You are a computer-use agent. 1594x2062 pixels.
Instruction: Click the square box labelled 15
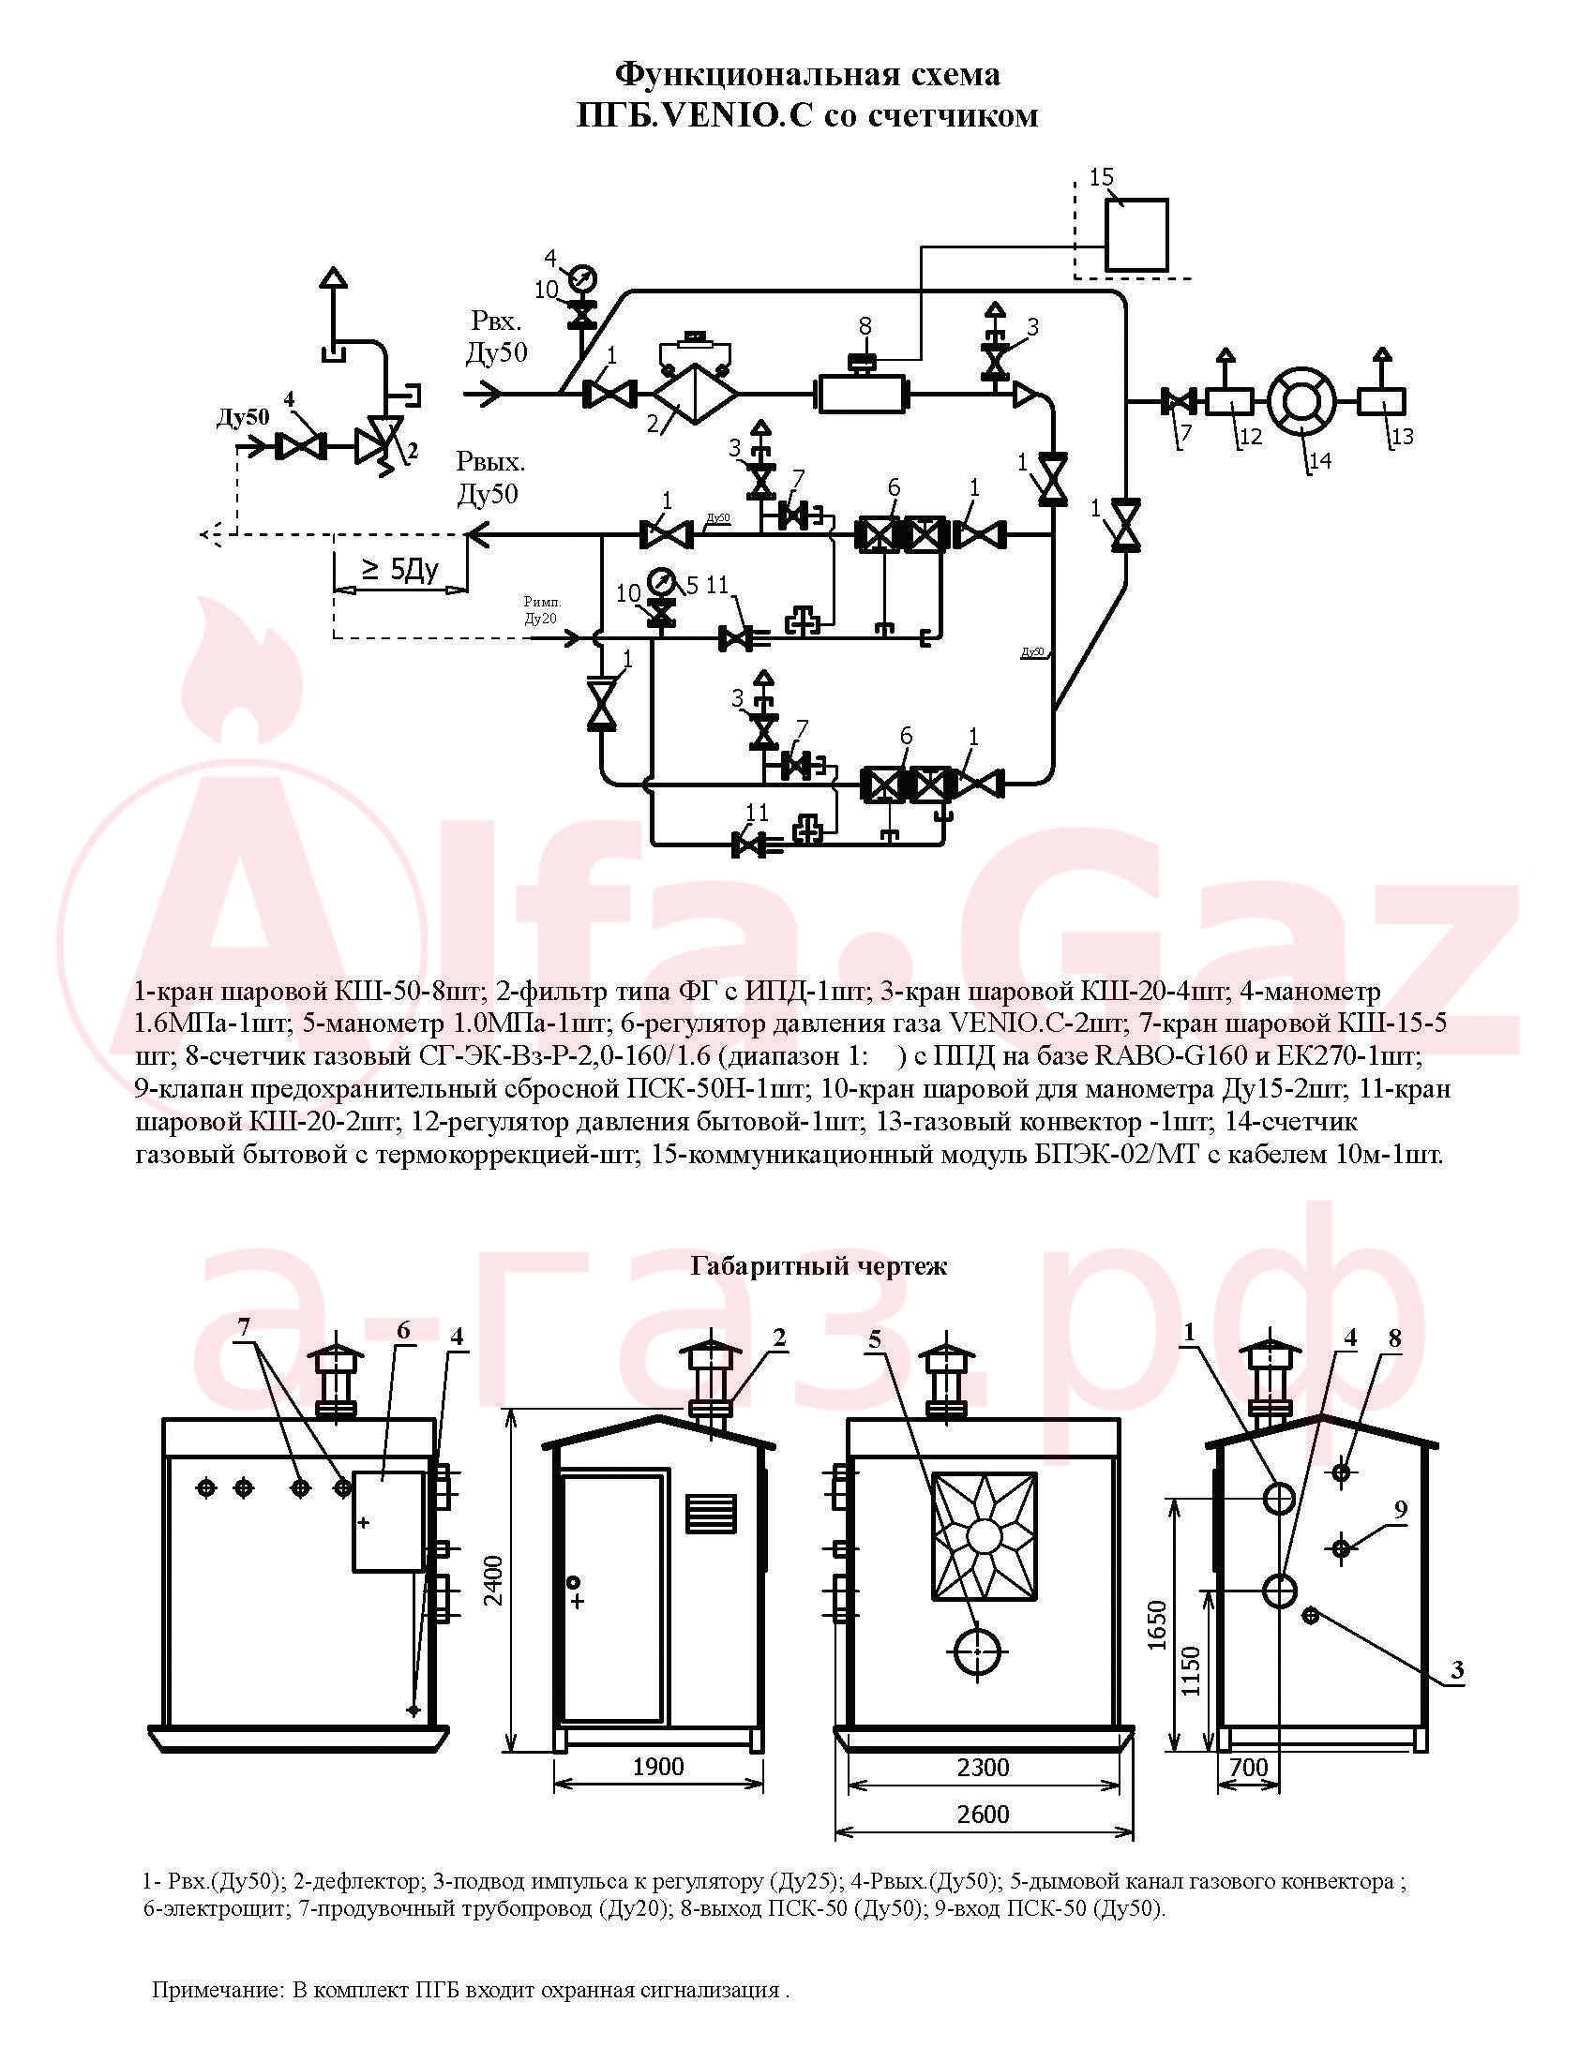click(x=1137, y=235)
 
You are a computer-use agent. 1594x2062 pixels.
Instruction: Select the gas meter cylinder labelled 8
click(x=861, y=394)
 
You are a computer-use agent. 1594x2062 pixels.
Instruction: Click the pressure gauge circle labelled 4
click(x=581, y=278)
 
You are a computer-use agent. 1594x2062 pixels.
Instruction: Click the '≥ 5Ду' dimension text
click(x=400, y=569)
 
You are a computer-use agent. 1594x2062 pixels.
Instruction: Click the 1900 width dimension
click(x=658, y=1767)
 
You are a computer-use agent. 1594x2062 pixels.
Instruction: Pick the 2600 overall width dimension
click(x=983, y=1814)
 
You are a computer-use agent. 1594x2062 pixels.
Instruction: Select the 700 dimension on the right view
click(x=1250, y=1767)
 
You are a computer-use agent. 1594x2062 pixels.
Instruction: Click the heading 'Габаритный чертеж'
click(x=819, y=1266)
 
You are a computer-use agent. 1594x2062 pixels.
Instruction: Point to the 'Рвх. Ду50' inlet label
click(x=497, y=337)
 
